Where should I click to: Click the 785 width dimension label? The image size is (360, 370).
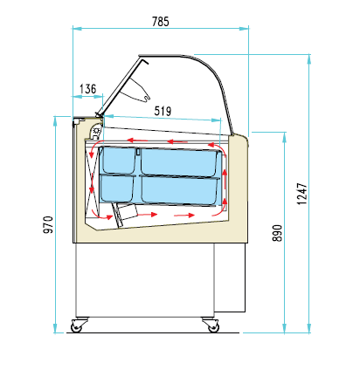(x=161, y=22)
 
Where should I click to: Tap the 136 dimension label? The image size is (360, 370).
(x=87, y=89)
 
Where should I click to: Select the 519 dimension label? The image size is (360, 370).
(x=163, y=111)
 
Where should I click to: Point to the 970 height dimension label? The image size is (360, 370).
(x=48, y=224)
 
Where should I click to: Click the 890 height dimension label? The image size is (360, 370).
(x=277, y=233)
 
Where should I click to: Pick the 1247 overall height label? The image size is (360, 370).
(x=302, y=194)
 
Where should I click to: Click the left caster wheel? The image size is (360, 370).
(x=76, y=327)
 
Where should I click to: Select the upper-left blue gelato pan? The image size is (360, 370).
(x=118, y=161)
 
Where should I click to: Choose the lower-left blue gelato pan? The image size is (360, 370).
(x=117, y=188)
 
